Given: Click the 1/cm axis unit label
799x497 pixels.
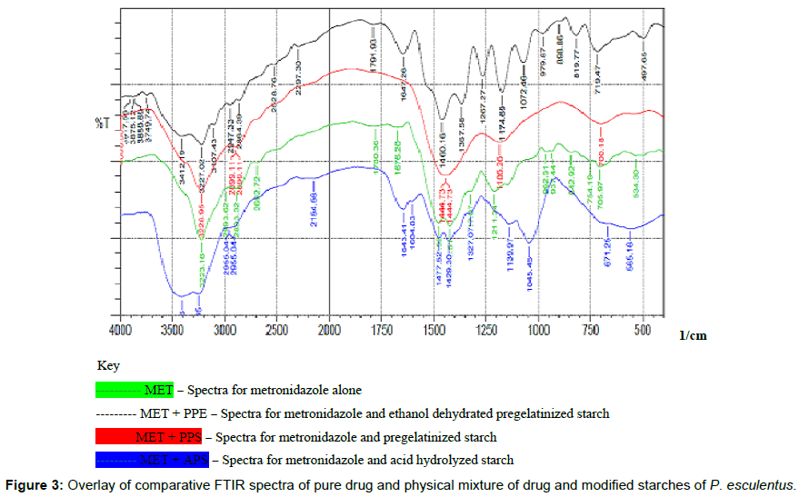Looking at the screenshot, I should (693, 335).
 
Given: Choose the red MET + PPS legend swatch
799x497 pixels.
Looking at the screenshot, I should (148, 438).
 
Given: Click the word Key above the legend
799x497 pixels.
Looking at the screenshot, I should (108, 365).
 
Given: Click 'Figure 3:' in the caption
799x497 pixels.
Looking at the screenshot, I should (32, 483).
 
